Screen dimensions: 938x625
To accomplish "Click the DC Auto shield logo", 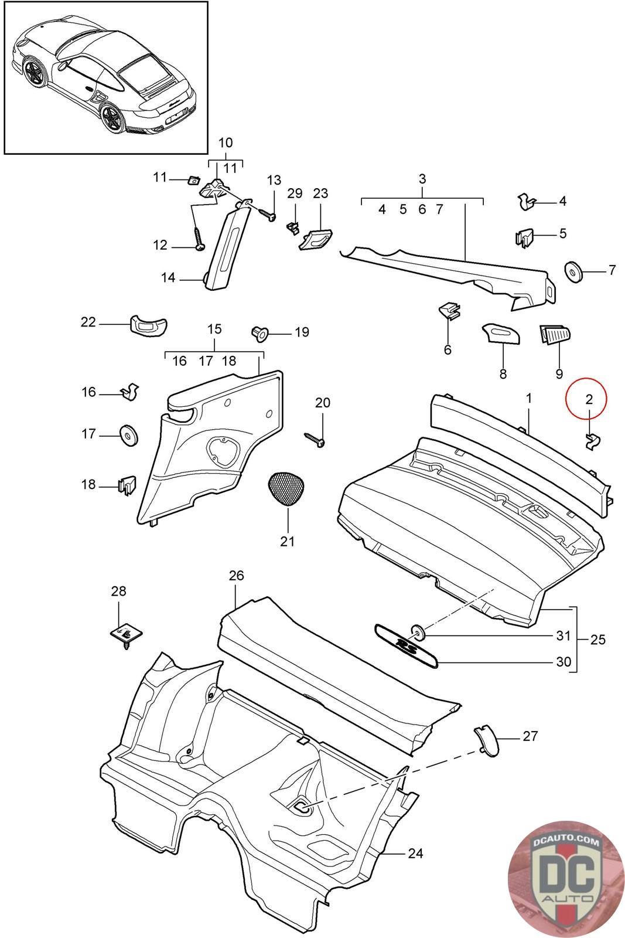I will click(564, 876).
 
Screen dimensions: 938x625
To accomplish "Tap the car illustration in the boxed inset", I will click(105, 77).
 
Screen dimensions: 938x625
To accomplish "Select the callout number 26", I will click(236, 576).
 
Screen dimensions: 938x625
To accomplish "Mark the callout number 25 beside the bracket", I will click(597, 639).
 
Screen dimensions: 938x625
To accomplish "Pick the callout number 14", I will click(168, 277).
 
